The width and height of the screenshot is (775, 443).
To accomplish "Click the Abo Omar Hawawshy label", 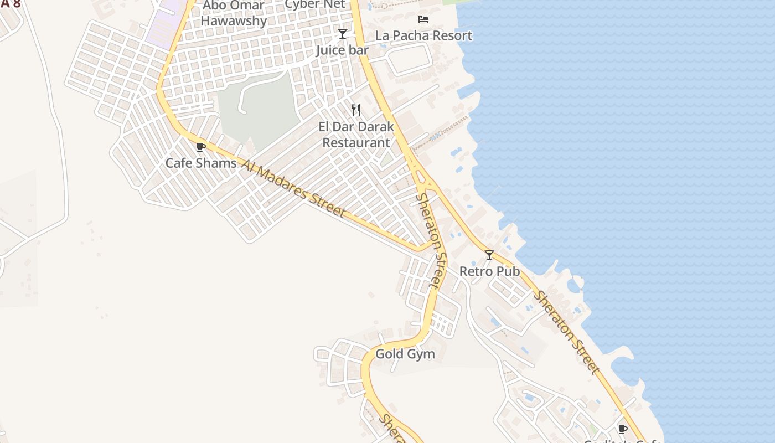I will [233, 14].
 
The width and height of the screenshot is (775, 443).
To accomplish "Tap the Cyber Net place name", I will [314, 4].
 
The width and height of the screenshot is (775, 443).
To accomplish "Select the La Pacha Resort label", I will [423, 35].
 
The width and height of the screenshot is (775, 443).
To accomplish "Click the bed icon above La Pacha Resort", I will [423, 19].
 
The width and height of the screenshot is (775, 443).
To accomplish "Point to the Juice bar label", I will [342, 50].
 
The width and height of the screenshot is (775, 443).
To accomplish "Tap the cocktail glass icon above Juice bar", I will [343, 34].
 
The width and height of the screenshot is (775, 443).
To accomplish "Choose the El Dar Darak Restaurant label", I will [356, 135].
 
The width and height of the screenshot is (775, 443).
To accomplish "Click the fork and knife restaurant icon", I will [356, 110].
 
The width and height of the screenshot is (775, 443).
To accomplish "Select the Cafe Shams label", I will [201, 163].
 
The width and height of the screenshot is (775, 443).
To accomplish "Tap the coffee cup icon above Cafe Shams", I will [201, 147].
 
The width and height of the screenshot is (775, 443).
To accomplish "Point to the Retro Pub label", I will [489, 271].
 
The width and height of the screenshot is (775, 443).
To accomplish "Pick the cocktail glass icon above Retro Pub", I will [489, 255].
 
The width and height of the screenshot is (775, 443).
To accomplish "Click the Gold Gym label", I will [405, 354].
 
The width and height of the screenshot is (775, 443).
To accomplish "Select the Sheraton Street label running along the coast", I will [566, 332].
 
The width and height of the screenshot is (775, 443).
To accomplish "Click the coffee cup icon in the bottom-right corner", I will [623, 429].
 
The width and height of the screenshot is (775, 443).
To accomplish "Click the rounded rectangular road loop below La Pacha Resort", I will [409, 59].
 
